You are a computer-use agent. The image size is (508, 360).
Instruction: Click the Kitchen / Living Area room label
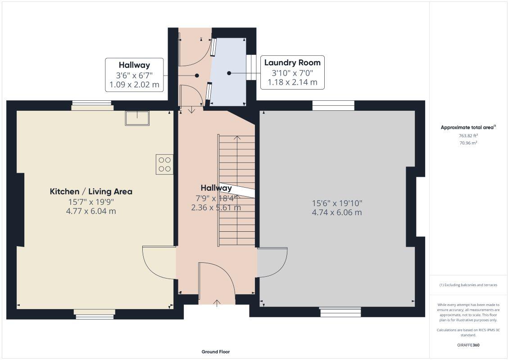(x=91, y=191)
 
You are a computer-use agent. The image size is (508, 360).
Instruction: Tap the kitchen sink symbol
(x=137, y=117)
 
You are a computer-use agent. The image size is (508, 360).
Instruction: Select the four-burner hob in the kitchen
(x=164, y=164)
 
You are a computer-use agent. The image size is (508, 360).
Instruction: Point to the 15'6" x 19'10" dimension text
(x=337, y=203)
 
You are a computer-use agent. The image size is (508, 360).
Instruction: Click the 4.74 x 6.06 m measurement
(x=337, y=212)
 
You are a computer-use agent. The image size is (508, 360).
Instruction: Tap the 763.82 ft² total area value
(x=468, y=135)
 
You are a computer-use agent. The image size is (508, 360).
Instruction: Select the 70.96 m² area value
(x=468, y=143)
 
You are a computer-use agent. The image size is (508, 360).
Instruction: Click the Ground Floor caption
(x=215, y=352)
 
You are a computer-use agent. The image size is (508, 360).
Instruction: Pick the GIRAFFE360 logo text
(x=468, y=345)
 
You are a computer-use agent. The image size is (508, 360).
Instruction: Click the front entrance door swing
(x=217, y=279)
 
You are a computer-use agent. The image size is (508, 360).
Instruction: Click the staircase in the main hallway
(x=236, y=189)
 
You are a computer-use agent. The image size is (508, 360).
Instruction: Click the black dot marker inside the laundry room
(x=229, y=73)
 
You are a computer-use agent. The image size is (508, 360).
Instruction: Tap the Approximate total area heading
(x=468, y=127)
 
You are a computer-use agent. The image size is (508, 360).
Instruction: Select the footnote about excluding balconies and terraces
(x=468, y=285)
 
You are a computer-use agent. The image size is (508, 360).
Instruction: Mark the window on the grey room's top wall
(x=333, y=105)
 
